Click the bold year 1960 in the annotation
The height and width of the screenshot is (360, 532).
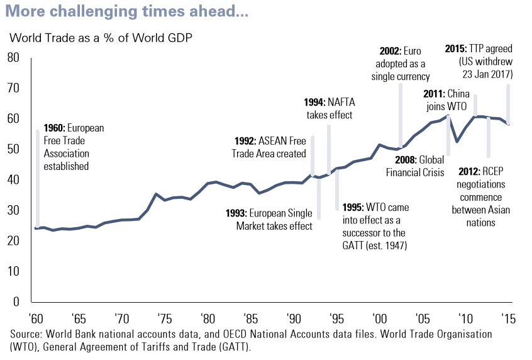pos(54,128)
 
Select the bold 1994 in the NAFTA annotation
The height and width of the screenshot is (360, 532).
pos(314,102)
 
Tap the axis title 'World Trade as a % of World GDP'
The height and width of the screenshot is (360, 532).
pos(101,37)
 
